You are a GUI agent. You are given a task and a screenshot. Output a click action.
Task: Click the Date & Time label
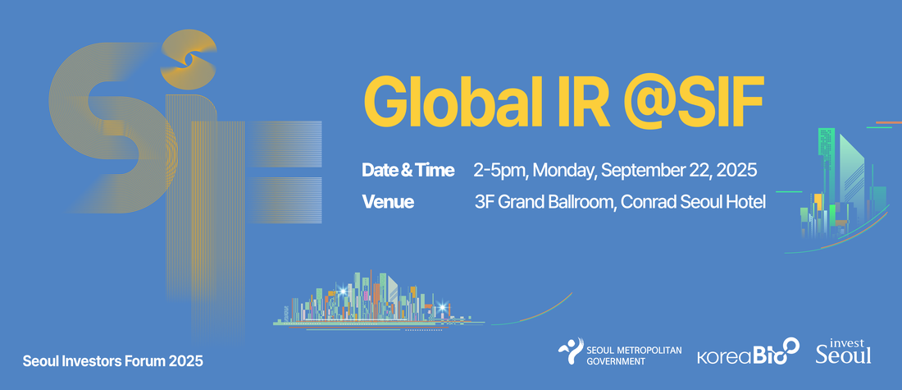point(408,171)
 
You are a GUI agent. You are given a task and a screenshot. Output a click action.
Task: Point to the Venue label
point(388,202)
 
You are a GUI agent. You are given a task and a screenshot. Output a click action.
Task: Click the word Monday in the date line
point(566,171)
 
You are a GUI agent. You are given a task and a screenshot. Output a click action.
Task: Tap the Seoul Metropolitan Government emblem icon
point(571,351)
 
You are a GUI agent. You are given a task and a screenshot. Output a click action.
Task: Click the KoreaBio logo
point(749,352)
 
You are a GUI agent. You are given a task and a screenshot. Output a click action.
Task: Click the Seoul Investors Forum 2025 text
point(113,362)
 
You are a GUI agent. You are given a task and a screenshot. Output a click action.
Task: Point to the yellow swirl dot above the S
point(188,59)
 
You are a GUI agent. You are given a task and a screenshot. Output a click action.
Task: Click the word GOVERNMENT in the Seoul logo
point(616,362)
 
